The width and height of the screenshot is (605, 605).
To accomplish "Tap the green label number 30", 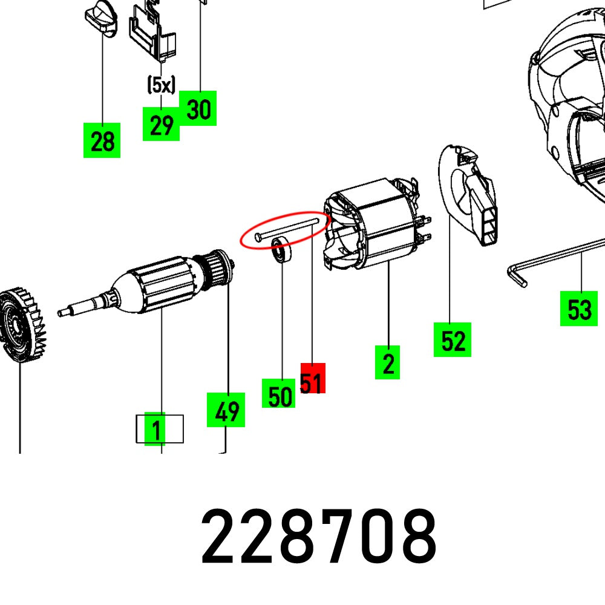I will pyautogui.click(x=198, y=109).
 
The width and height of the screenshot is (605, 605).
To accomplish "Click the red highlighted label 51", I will pyautogui.click(x=312, y=379).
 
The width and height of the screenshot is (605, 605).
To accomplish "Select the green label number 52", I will pyautogui.click(x=452, y=340).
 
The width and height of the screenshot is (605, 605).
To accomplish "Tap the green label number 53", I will pyautogui.click(x=578, y=309).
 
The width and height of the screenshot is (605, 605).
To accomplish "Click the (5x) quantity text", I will pyautogui.click(x=161, y=85).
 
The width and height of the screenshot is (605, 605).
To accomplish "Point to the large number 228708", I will pyautogui.click(x=319, y=536).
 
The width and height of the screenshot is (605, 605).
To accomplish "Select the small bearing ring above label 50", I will pyautogui.click(x=281, y=249).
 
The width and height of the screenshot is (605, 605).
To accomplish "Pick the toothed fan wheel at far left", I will pyautogui.click(x=21, y=325).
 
